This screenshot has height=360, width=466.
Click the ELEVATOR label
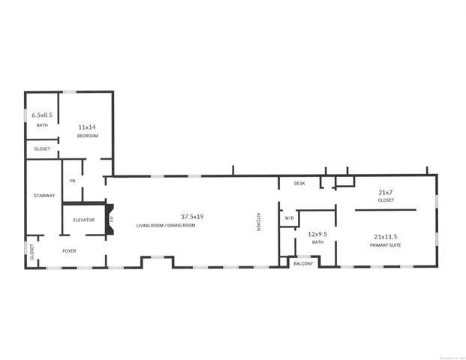coord(84,220)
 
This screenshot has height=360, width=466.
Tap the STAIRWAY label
coord(44,196)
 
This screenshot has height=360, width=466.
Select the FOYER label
coord(69,250)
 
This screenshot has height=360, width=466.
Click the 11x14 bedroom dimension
coord(88,127)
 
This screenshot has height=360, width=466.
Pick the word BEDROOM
coord(88,136)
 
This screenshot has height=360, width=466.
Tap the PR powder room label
coord(73,181)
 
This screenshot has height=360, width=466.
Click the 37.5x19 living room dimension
coord(191,217)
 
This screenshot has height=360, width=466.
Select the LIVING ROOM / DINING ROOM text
coord(165,225)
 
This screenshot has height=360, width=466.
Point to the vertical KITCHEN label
coord(259,222)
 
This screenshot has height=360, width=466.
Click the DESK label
coord(299,183)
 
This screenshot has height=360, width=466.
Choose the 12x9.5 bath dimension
coord(317,233)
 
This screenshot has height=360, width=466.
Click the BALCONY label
coord(303,263)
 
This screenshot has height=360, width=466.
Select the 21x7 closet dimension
coord(386,192)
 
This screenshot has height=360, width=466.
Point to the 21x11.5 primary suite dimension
coord(386,236)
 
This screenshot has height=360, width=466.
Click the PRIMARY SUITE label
coord(386,244)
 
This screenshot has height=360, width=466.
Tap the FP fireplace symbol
coord(112,219)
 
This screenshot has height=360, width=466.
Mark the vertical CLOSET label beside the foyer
coord(32,251)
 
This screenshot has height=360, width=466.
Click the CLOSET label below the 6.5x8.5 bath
coord(42,149)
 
